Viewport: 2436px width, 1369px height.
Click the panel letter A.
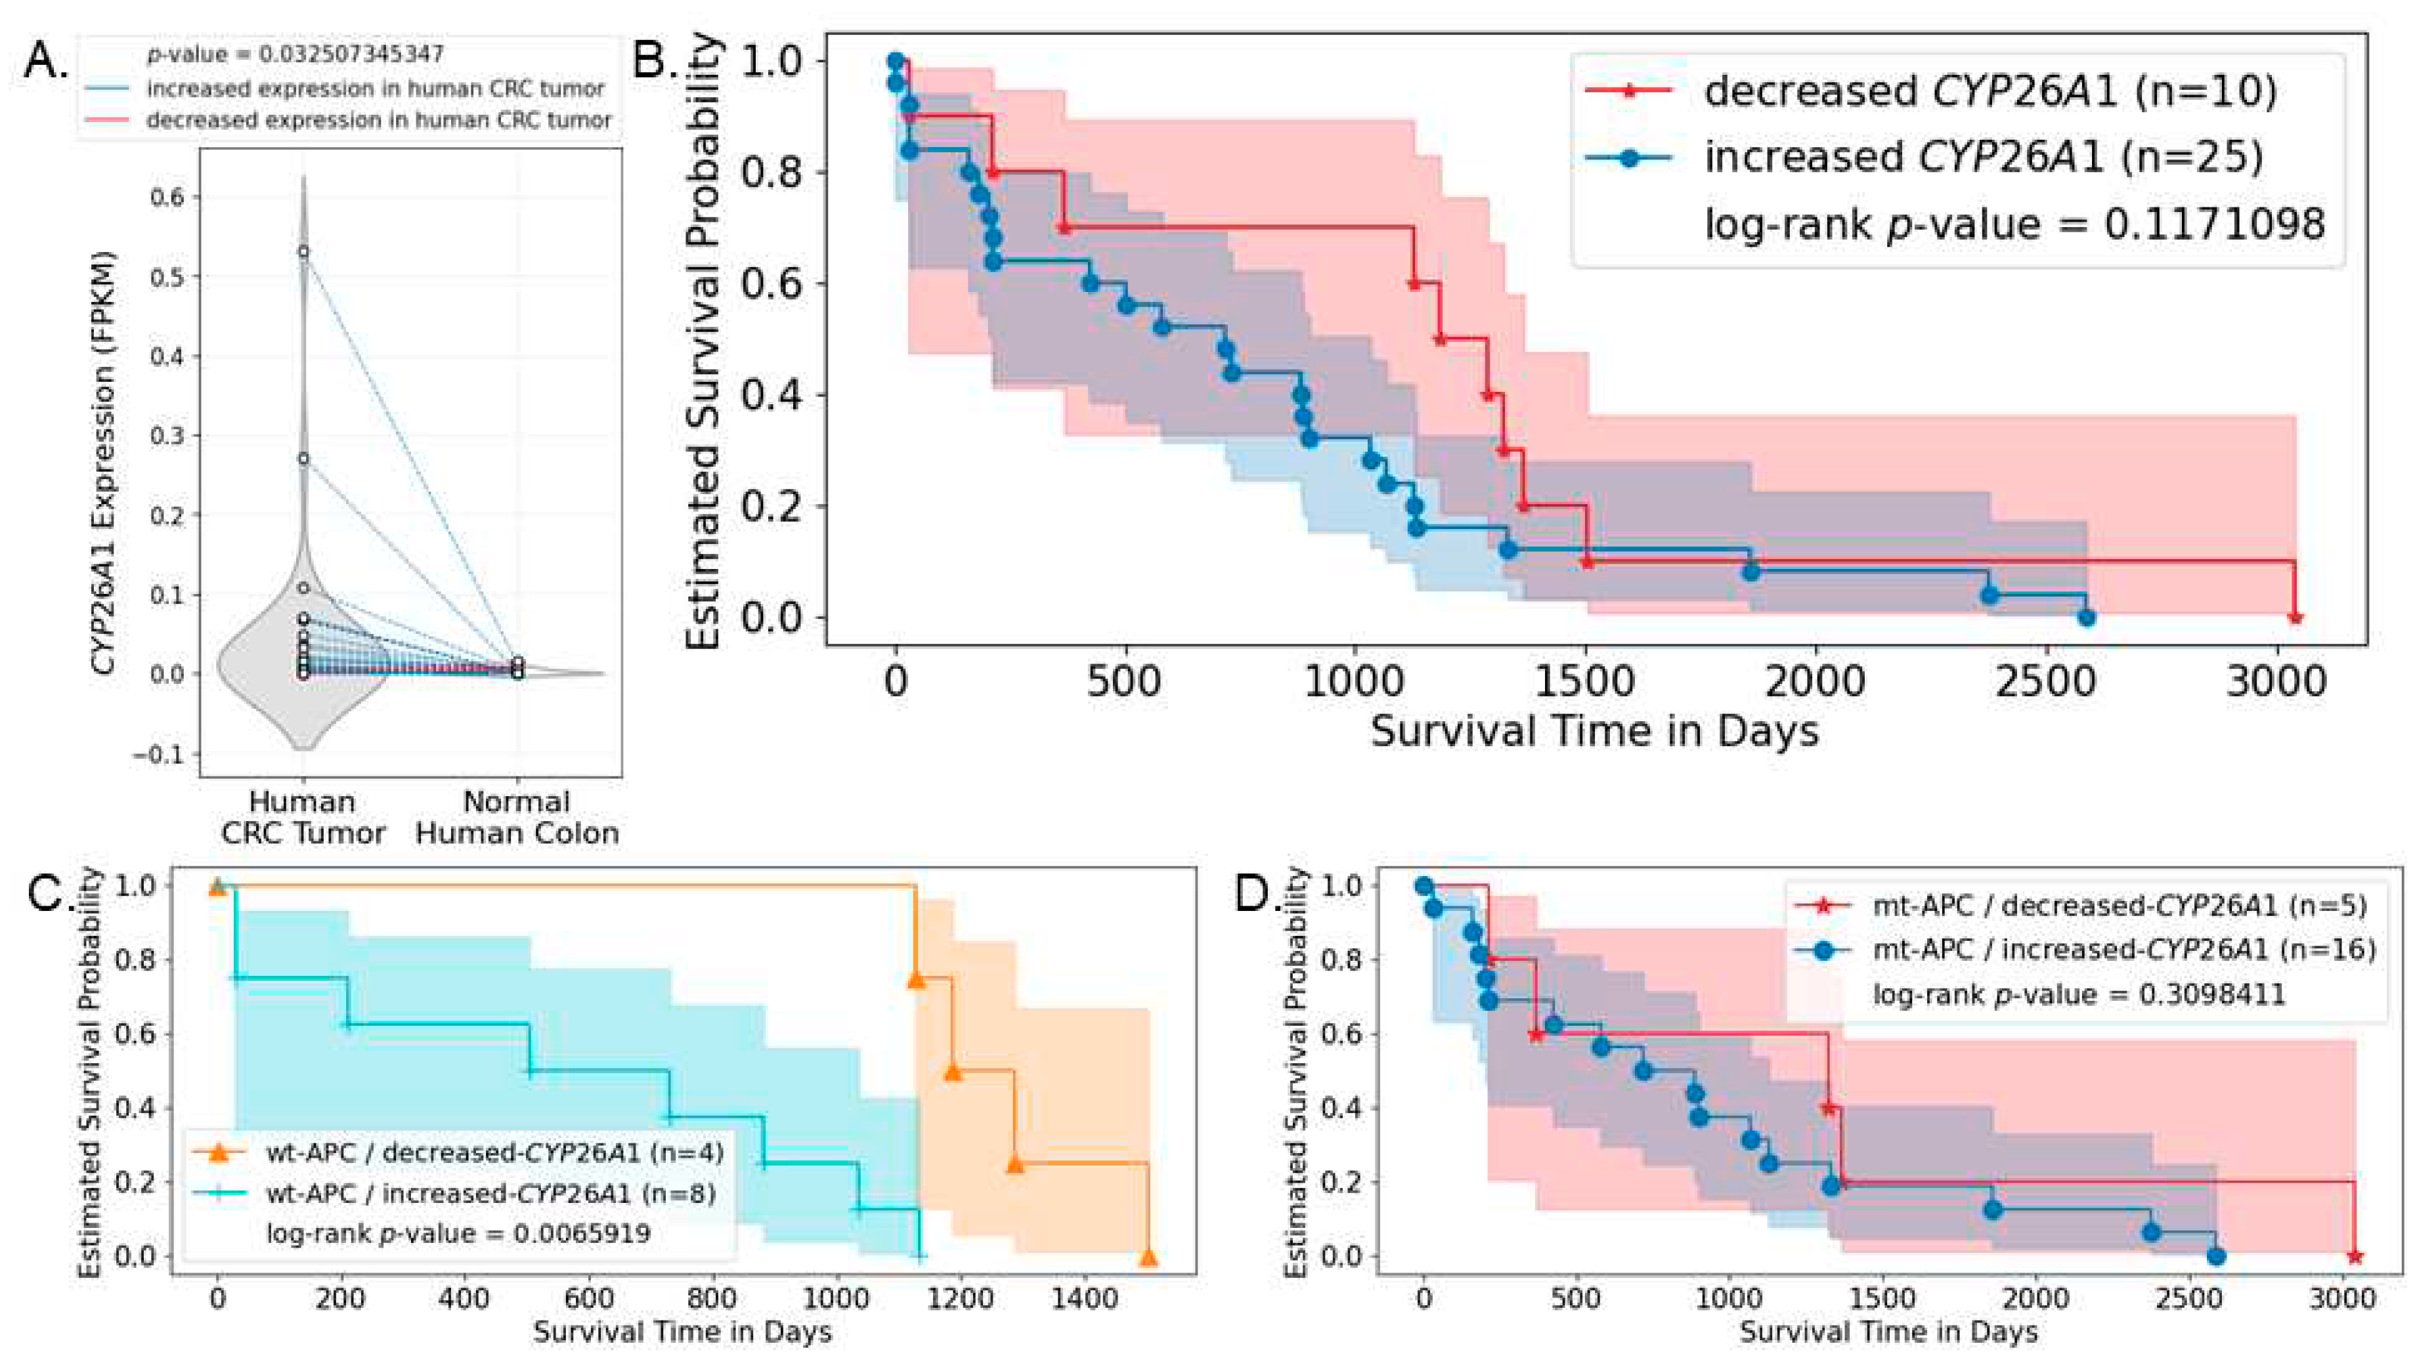pos(43,62)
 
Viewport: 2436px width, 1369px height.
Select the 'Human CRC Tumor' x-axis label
pos(303,817)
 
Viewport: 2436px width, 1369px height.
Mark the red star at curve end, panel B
pos(2295,618)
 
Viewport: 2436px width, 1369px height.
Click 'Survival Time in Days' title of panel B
pos(1594,732)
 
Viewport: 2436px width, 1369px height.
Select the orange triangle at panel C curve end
pos(1148,1257)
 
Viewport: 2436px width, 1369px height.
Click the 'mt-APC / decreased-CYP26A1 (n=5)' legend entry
pos(2118,906)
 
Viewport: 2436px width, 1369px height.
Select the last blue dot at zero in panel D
pos(2215,1257)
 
